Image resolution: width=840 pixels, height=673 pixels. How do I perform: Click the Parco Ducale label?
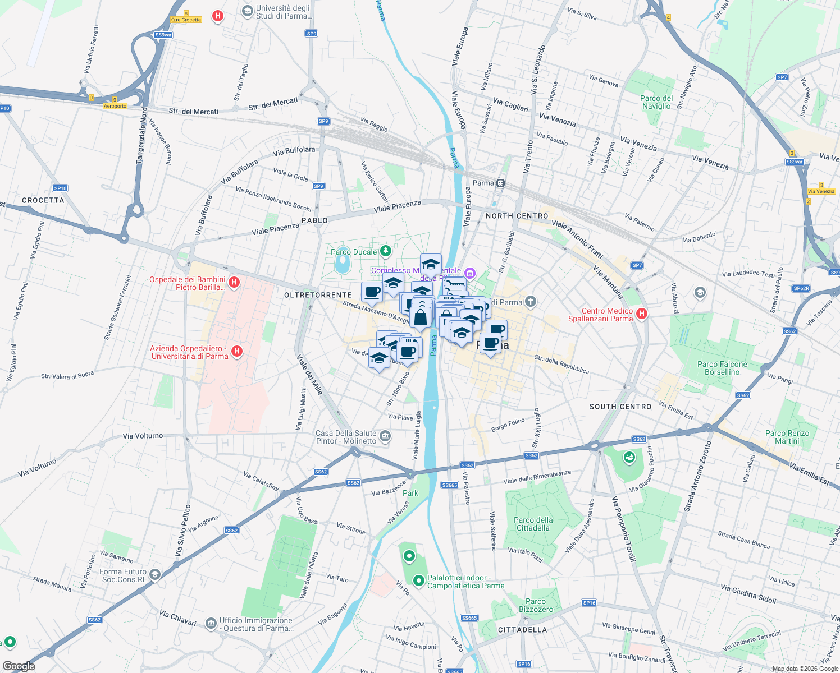354,252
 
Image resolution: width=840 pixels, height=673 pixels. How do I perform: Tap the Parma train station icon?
500,183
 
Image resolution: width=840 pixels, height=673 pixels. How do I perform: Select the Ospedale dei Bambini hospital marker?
234,282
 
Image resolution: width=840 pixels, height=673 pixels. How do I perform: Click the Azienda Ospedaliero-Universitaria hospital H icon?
237,351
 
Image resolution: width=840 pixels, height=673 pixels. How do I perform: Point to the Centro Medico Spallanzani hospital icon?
641,314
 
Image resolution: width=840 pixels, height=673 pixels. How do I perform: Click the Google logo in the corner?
19,666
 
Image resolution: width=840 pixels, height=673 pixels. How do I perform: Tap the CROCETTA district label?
43,200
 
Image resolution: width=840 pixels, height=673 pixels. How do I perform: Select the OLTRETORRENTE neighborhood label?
318,295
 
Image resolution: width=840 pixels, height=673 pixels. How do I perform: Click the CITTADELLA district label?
522,630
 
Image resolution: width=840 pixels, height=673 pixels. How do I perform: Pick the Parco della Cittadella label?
533,524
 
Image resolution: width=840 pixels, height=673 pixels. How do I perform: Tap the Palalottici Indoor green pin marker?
418,581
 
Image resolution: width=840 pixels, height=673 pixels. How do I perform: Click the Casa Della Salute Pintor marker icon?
385,436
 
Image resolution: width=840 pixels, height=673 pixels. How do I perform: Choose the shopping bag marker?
420,318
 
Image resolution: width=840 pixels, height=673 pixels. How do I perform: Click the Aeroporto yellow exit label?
115,106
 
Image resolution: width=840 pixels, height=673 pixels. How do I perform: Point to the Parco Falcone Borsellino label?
722,368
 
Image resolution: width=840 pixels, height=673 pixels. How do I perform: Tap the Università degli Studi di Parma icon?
247,11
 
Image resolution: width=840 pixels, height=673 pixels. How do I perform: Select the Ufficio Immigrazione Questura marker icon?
211,623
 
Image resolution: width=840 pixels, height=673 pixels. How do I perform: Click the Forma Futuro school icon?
155,575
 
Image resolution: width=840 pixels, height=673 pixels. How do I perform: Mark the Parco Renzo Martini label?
787,437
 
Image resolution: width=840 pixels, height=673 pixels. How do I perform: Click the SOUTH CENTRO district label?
620,407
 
